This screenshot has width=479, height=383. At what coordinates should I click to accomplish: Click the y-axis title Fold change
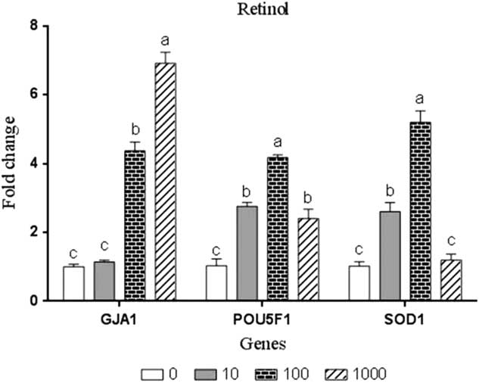click(x=11, y=163)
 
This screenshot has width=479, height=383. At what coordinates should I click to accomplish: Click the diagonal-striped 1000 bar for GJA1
click(x=165, y=182)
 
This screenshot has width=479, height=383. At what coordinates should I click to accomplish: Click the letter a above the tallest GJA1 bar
click(x=165, y=39)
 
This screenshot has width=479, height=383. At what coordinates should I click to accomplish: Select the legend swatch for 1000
click(x=337, y=372)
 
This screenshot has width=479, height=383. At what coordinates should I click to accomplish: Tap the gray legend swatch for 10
click(x=207, y=372)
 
